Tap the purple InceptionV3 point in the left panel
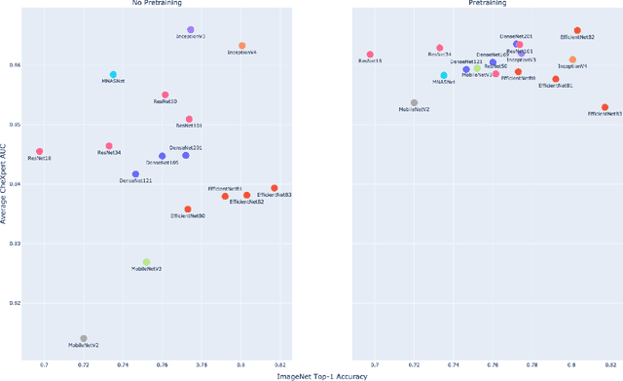(x=190, y=30)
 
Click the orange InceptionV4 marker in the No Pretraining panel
(x=242, y=46)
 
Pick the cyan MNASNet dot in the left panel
(x=113, y=75)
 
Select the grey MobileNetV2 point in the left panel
(x=84, y=339)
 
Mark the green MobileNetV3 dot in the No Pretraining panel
(x=147, y=262)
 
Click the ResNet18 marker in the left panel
(x=40, y=152)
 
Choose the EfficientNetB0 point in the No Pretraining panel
(x=188, y=210)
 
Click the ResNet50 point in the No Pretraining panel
(x=165, y=95)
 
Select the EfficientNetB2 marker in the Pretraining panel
(x=577, y=30)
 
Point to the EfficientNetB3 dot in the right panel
(x=605, y=107)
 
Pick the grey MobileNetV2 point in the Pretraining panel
(x=414, y=102)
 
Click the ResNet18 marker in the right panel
(x=370, y=55)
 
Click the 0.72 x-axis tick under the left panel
(x=84, y=364)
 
